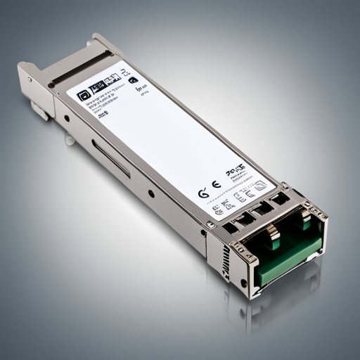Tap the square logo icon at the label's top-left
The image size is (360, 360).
coord(84,93)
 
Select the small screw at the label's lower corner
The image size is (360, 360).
coord(210,224)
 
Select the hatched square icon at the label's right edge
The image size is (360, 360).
coord(260,185)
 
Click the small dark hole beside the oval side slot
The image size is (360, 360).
coord(150,193)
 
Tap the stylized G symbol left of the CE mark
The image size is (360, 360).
coord(203,193)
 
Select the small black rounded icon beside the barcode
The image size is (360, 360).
coord(132,80)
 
